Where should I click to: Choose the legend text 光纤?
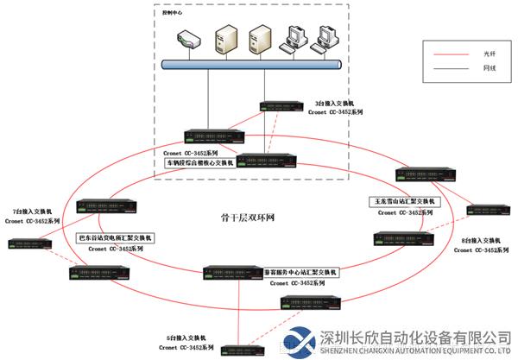(488, 54)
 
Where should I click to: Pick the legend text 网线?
(488, 69)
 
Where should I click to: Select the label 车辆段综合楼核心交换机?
(199, 161)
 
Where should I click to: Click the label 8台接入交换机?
(478, 239)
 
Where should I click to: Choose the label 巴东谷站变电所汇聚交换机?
(114, 237)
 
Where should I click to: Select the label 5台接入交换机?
(184, 338)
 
